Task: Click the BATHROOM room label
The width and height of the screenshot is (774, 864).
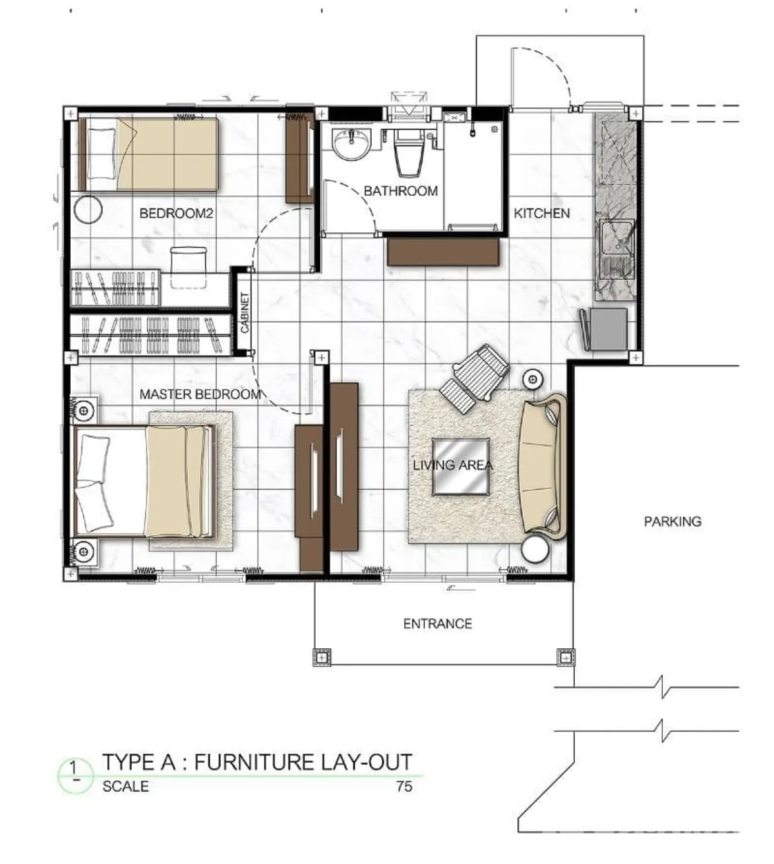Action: pos(400,191)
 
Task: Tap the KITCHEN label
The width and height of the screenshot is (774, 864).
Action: pos(542,213)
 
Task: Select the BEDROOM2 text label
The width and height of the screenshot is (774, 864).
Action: pos(176,213)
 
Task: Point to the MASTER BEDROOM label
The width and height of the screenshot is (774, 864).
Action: pos(200,394)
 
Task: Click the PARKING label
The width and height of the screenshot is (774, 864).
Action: pos(673,521)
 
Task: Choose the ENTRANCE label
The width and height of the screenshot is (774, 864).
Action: pos(437,624)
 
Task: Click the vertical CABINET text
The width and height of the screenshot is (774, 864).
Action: pos(244,313)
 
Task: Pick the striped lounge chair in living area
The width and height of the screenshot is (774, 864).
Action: pos(474,378)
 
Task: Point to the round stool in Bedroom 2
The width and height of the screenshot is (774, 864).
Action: pos(88,210)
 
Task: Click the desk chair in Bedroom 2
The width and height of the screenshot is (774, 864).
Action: pos(188,267)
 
